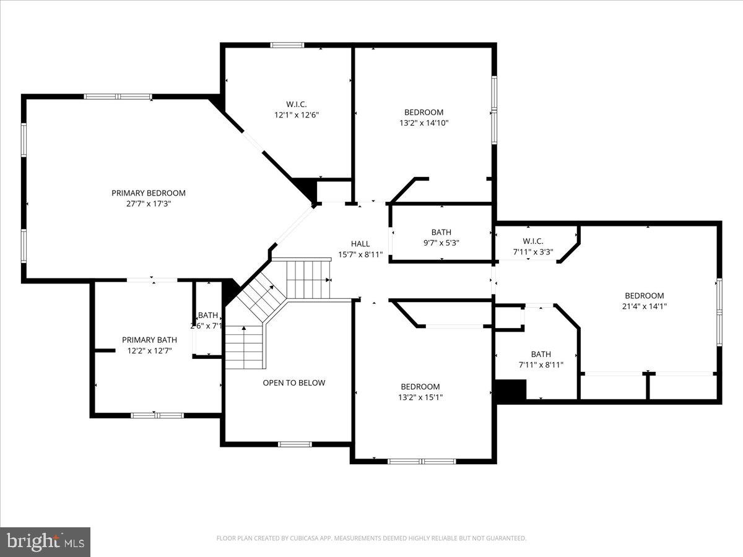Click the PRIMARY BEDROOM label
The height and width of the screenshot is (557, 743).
(148, 193)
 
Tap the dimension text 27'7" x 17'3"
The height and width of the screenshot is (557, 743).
(148, 203)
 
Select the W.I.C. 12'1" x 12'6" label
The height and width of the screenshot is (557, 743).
(296, 110)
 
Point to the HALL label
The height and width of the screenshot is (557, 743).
(360, 244)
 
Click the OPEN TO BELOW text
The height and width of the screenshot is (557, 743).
(293, 383)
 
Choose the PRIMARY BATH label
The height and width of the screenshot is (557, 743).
(149, 340)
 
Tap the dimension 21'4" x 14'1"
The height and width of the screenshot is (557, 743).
(644, 306)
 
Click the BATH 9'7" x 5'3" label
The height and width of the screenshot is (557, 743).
(441, 238)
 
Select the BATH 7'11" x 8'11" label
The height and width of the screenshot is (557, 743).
(541, 360)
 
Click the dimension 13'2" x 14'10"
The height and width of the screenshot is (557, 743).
(424, 123)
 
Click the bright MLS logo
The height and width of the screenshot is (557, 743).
(45, 542)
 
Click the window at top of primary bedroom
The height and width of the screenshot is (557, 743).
(118, 97)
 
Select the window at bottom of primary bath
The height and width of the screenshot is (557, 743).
(157, 415)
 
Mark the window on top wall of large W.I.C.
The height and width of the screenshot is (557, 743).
(287, 45)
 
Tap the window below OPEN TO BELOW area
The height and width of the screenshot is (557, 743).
(295, 444)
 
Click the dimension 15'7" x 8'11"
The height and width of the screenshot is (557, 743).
(360, 254)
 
